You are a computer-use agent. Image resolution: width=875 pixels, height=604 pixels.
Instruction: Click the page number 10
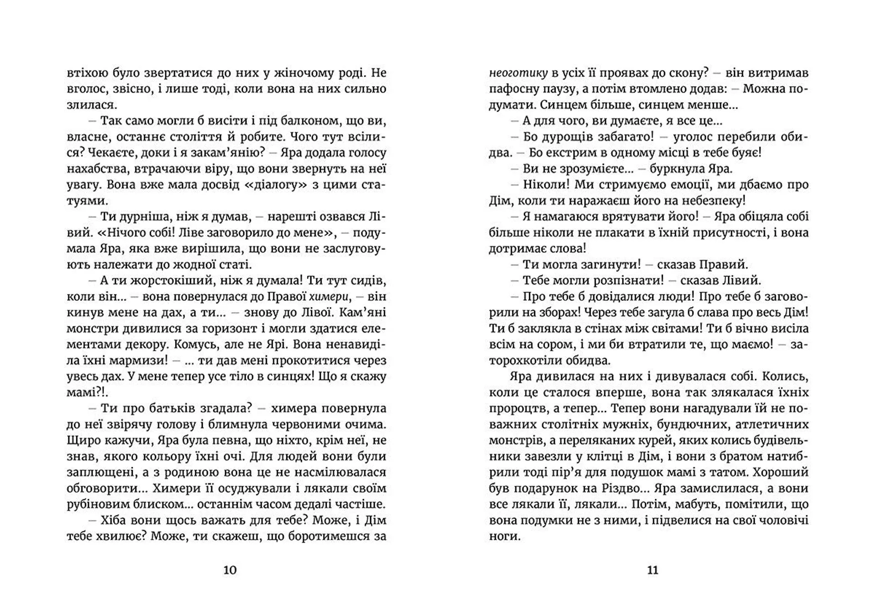(x=230, y=570)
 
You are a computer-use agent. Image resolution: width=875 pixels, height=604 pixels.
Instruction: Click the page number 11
(x=653, y=570)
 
